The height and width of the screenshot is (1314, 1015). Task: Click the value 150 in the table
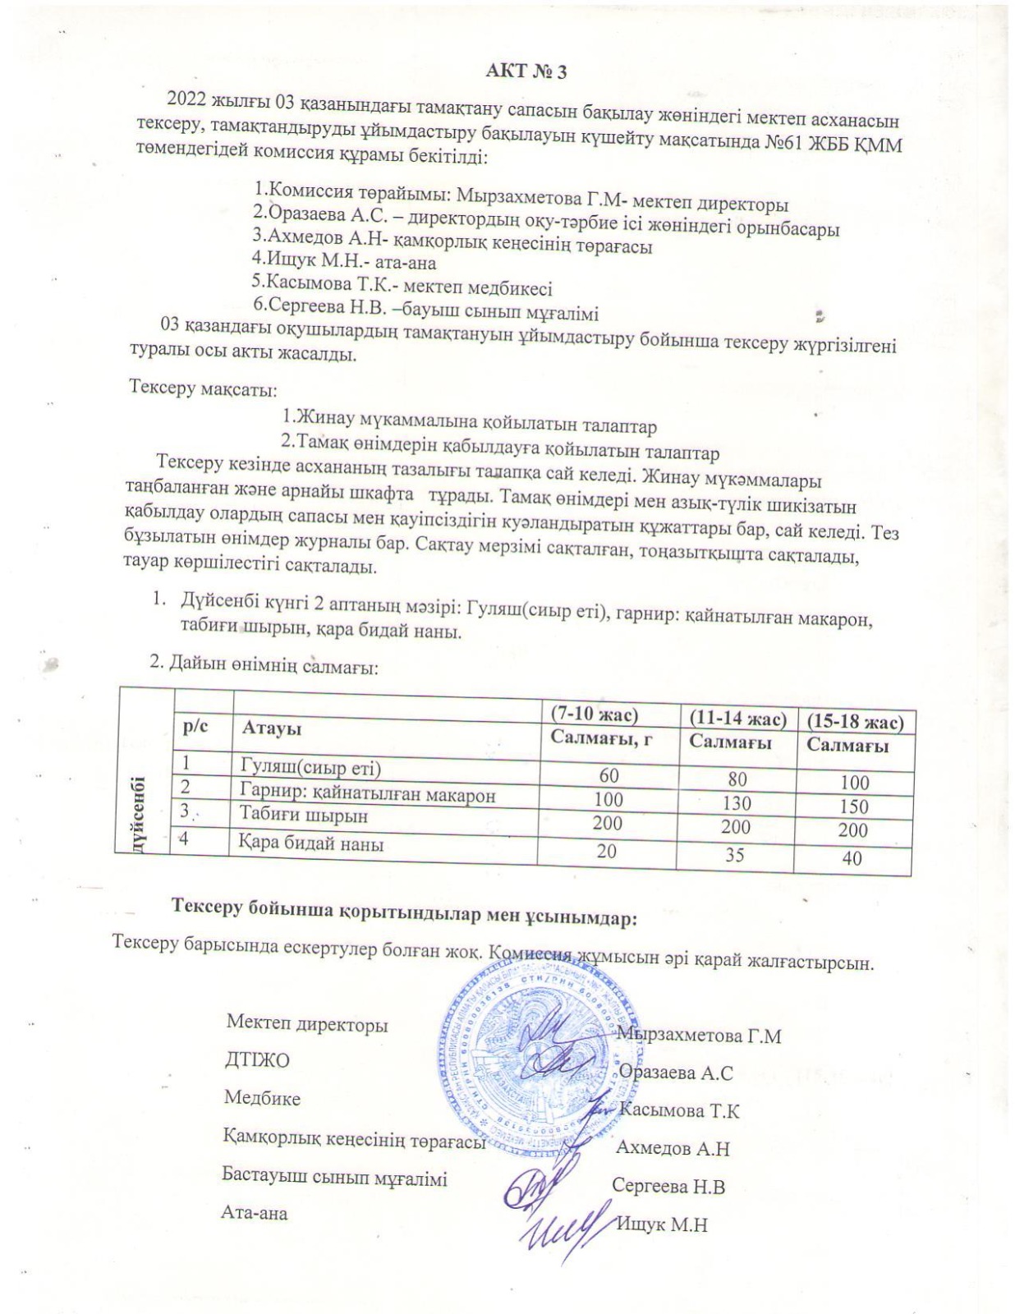coord(854,806)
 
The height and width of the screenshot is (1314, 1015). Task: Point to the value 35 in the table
coord(734,854)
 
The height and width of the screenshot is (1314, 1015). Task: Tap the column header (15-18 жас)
coord(855,722)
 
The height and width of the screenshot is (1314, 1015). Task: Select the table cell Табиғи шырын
coord(303,816)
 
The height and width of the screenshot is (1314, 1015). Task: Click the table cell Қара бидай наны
coord(311,843)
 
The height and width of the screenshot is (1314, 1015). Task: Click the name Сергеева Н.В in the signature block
coord(668,1186)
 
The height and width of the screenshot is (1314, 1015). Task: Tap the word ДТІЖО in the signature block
coord(256,1060)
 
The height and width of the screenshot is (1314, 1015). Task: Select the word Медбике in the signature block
coord(262,1098)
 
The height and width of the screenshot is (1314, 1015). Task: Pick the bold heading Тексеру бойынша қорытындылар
coord(403,914)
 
